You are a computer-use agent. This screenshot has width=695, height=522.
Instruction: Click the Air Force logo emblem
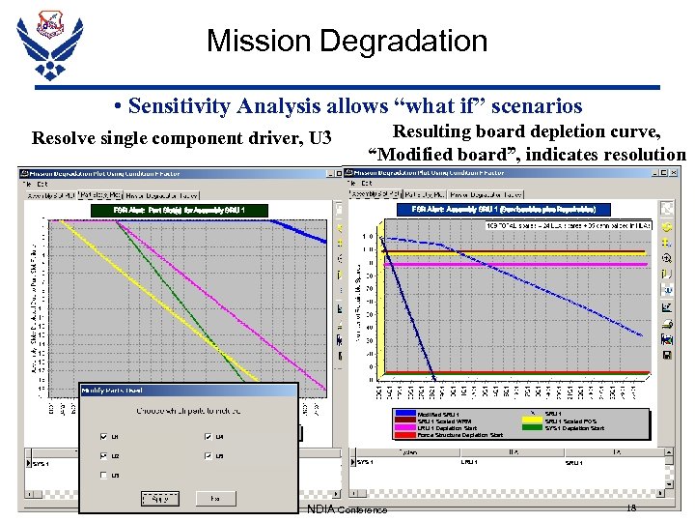(x=49, y=45)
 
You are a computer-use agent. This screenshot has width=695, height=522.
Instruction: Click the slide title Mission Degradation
(x=347, y=42)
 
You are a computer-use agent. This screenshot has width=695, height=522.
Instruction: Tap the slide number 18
(x=632, y=508)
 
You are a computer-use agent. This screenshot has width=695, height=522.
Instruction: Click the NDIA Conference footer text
(x=347, y=509)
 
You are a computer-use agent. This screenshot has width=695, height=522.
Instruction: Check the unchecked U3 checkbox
(x=104, y=475)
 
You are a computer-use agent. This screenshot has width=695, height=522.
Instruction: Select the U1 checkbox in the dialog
(x=104, y=436)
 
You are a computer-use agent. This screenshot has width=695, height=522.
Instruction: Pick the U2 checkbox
(x=104, y=455)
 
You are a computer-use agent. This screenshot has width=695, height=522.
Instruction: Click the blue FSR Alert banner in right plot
(x=497, y=209)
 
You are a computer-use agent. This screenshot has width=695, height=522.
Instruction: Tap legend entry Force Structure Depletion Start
(x=459, y=435)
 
